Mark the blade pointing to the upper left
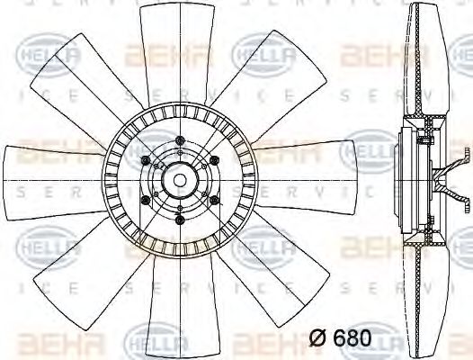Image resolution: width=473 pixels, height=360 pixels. point(76,85)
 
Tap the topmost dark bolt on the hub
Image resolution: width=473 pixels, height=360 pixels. point(182,140)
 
